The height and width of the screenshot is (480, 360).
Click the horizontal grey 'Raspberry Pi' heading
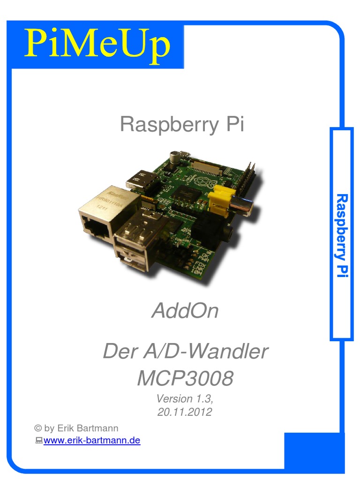(182, 125)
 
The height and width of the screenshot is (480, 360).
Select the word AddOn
(185, 311)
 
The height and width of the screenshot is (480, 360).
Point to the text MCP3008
(185, 379)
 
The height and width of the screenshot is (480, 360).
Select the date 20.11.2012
(185, 412)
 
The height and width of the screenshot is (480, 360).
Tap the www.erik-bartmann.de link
(92, 441)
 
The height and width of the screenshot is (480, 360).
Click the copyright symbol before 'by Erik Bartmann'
(38, 428)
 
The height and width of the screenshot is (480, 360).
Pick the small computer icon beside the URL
(39, 441)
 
